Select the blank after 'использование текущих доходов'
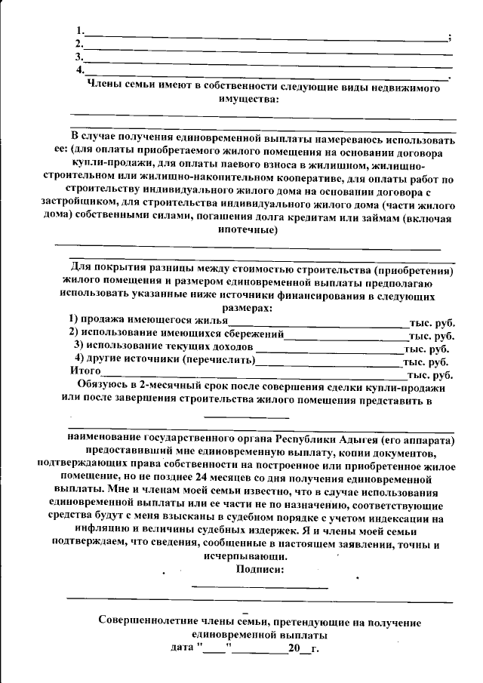[x=329, y=347]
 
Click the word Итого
[x=85, y=372]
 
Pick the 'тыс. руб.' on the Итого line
[x=430, y=374]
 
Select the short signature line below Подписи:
[x=260, y=585]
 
